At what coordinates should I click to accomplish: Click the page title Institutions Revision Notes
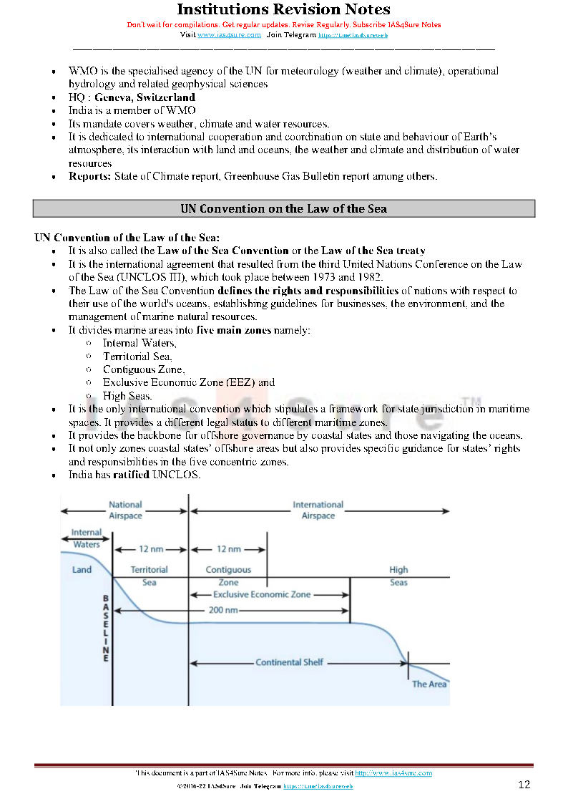(x=283, y=9)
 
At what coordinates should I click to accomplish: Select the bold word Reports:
(x=89, y=176)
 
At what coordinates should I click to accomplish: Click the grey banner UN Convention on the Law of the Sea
(x=283, y=208)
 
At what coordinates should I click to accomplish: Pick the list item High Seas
(x=127, y=396)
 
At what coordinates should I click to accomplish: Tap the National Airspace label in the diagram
(x=125, y=510)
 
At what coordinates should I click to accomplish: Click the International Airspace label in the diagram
(x=318, y=510)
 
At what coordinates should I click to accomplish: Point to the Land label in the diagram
(x=82, y=570)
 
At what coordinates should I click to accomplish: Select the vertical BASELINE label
(x=106, y=628)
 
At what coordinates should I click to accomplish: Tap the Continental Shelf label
(x=290, y=662)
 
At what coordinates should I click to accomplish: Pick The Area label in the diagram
(x=429, y=684)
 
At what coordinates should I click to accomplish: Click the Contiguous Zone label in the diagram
(x=228, y=576)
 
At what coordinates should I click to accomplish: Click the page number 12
(x=524, y=785)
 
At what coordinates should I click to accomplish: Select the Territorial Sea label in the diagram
(x=149, y=576)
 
